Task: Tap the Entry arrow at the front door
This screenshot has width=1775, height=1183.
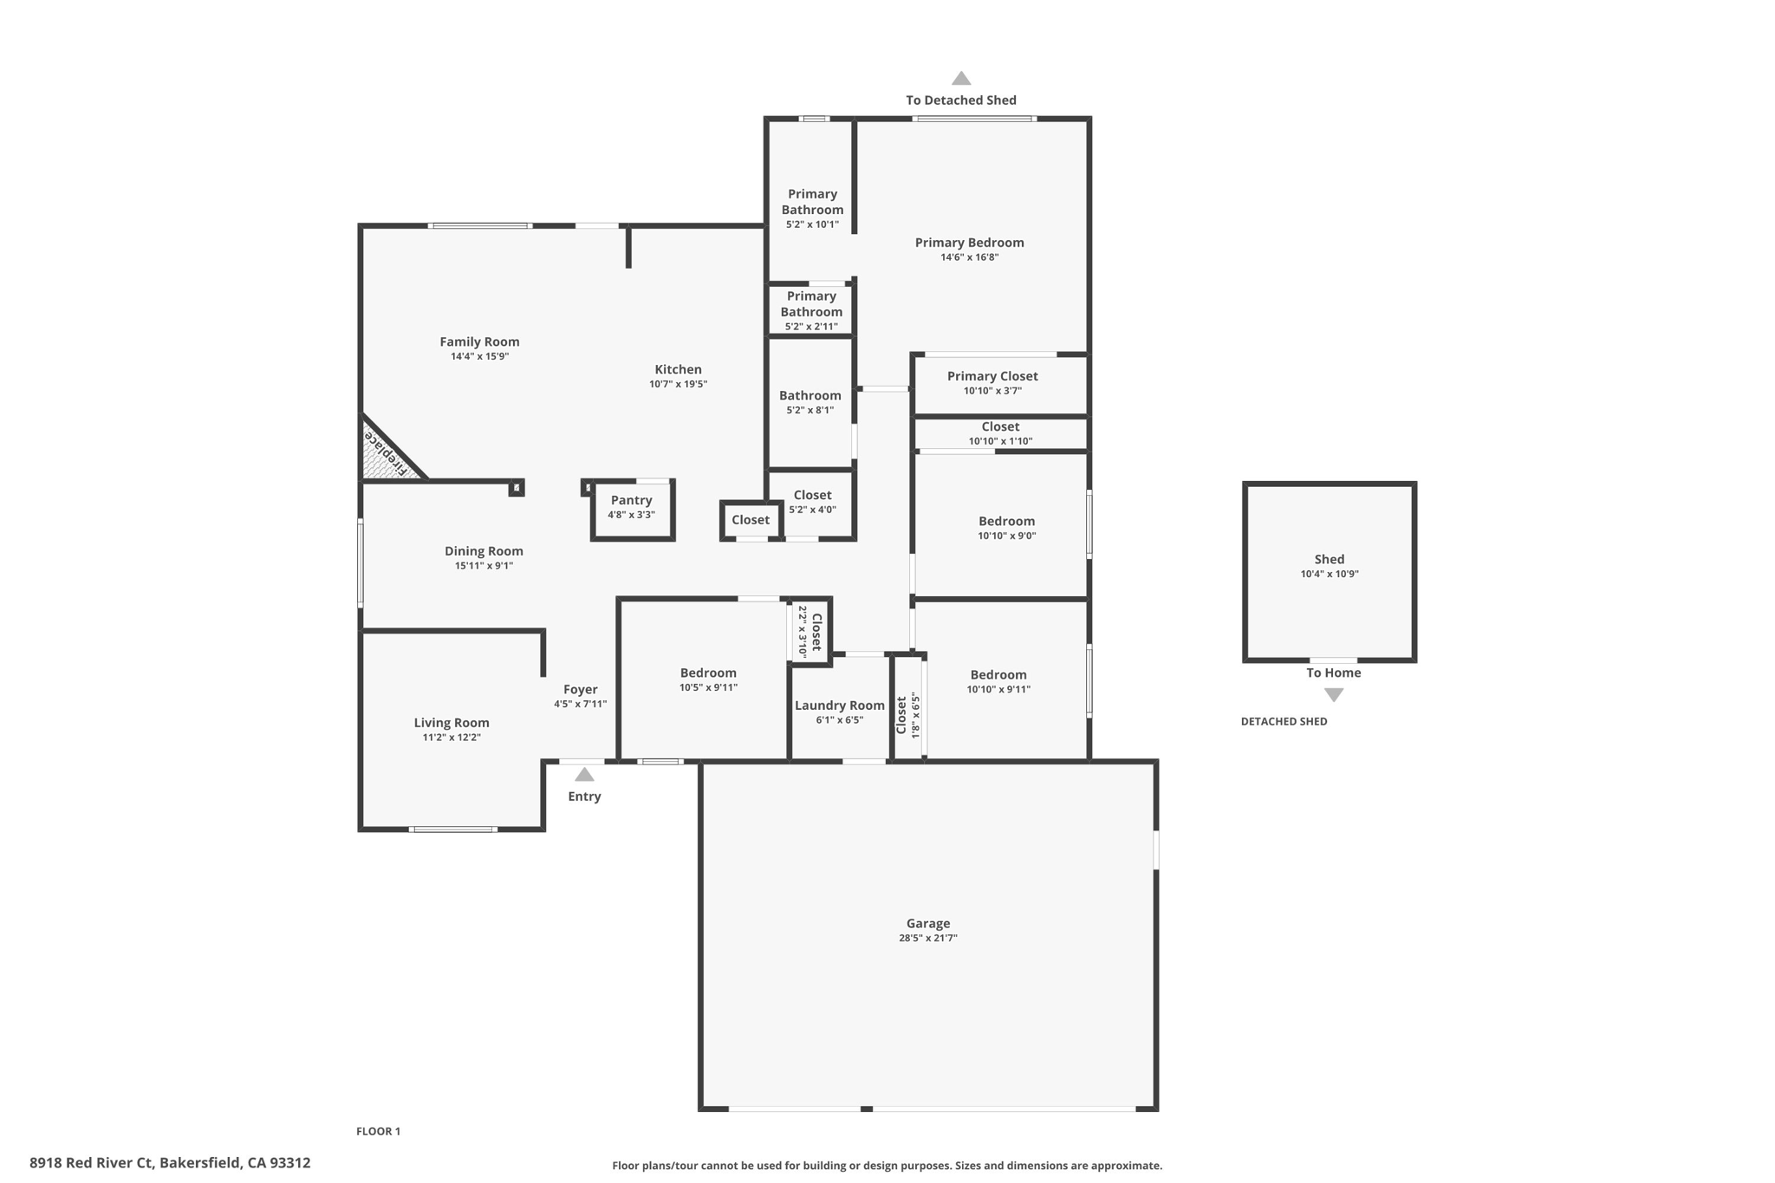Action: point(584,775)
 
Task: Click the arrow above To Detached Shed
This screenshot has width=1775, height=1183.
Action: point(961,78)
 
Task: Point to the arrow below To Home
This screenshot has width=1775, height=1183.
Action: point(1334,695)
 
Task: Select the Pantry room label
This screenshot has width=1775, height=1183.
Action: point(631,500)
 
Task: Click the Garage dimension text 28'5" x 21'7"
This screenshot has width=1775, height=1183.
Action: point(928,938)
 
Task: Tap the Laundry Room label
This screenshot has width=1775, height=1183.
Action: point(840,705)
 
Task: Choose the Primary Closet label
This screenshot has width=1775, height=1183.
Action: point(992,376)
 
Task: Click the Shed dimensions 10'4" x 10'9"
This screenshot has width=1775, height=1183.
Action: point(1330,574)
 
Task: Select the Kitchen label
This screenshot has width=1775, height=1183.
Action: point(678,370)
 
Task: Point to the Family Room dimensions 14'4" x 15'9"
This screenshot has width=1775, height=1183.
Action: point(479,356)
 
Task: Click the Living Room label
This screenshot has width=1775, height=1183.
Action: point(452,723)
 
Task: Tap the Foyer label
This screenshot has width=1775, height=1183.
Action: point(581,690)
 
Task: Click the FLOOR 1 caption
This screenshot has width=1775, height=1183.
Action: point(378,1131)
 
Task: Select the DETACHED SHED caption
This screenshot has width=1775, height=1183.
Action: point(1284,721)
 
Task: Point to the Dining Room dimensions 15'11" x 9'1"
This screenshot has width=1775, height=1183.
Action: point(484,566)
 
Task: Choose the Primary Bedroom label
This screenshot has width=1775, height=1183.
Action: point(970,243)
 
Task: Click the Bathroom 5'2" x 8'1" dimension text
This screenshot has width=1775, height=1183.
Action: point(809,410)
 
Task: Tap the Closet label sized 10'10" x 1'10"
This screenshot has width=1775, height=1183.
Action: point(1000,426)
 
